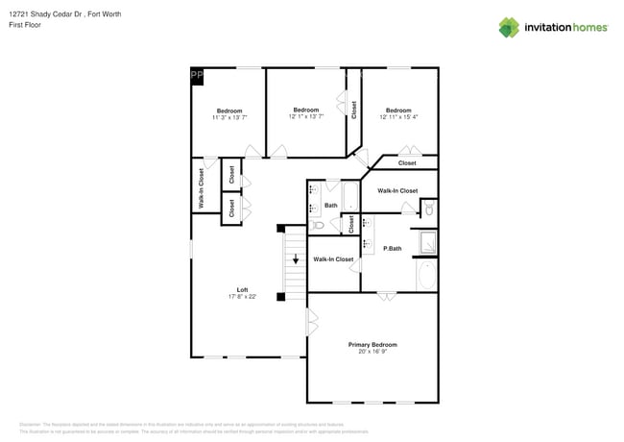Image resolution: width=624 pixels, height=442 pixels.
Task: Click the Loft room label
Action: tap(243, 289)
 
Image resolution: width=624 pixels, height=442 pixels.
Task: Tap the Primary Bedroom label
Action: tap(372, 344)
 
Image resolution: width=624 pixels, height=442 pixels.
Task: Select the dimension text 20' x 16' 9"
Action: tap(372, 352)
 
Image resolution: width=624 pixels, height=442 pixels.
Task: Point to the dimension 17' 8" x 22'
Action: tap(243, 297)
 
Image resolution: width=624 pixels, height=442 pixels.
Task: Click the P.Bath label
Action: tap(392, 249)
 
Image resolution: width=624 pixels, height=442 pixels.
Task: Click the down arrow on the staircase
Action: tap(296, 259)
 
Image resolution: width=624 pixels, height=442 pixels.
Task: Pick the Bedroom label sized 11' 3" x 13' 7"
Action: tap(228, 110)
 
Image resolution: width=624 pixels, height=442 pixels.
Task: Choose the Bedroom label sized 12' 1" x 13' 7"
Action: tap(305, 110)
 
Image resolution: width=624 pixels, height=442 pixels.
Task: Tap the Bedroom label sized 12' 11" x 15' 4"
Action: tap(398, 110)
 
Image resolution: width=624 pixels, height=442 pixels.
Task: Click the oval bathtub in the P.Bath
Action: tap(426, 277)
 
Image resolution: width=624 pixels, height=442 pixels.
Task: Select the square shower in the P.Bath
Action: tap(425, 241)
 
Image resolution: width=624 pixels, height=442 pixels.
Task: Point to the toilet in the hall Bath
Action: tap(317, 225)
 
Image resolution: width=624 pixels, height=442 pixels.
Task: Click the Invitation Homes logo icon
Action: tap(509, 27)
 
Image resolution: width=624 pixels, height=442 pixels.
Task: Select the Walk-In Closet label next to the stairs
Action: tap(333, 259)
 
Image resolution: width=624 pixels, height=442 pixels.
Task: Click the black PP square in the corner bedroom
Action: tap(197, 75)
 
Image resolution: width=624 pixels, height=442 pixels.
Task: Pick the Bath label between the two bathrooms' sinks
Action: tap(330, 205)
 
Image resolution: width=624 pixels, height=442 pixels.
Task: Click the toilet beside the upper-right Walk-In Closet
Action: tap(429, 209)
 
